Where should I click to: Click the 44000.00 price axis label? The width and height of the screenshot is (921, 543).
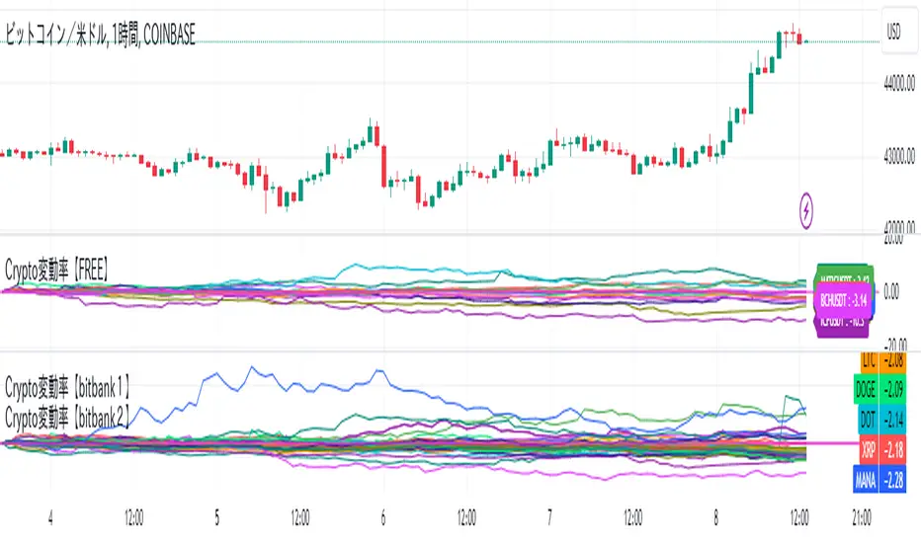(x=898, y=87)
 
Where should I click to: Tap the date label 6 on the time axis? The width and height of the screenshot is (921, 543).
(x=382, y=516)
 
